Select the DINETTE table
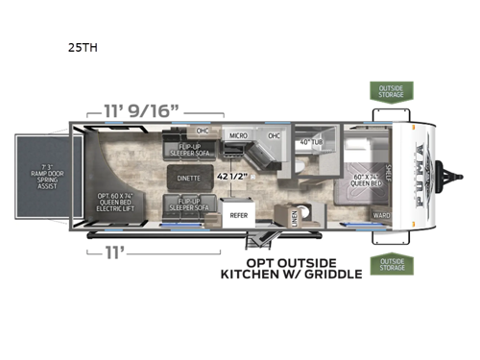pyautogui.click(x=189, y=177)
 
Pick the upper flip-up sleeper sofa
pyautogui.click(x=189, y=149)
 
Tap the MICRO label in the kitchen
pyautogui.click(x=238, y=136)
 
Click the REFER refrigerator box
pyautogui.click(x=238, y=217)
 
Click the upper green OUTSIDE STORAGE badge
pyautogui.click(x=388, y=93)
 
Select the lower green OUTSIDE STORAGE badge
pyautogui.click(x=388, y=264)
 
